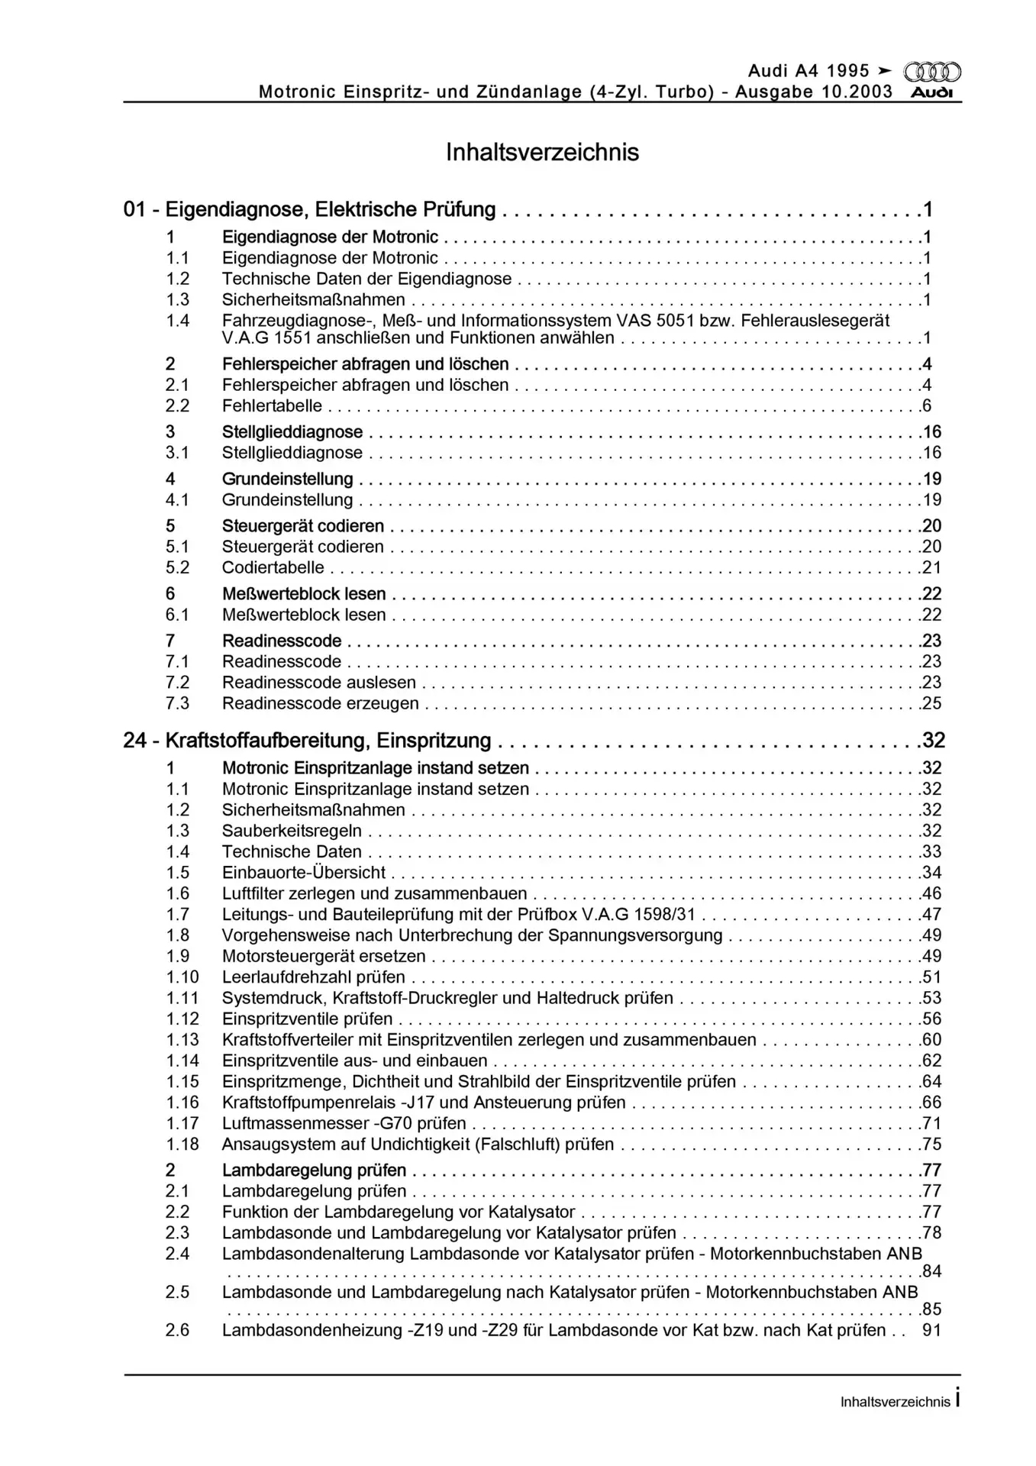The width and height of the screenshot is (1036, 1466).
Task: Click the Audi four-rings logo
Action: coord(932,73)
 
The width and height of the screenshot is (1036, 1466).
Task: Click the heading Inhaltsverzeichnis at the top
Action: coord(542,153)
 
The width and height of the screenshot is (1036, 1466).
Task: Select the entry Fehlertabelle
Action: coord(272,406)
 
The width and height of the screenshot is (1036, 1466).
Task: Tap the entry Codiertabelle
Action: coord(273,568)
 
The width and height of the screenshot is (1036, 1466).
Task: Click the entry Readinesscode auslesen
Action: coord(318,683)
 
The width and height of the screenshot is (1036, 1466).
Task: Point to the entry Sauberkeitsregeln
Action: coord(292,831)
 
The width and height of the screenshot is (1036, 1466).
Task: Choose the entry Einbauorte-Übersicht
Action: coord(303,873)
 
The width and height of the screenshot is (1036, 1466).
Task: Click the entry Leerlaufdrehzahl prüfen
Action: coord(313,977)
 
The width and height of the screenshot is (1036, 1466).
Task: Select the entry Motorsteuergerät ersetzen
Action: coord(324,956)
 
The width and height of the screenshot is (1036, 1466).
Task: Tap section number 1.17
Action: coord(182,1123)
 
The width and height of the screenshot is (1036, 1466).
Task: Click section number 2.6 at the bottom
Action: coord(178,1330)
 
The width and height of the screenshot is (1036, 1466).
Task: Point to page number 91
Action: coord(931,1330)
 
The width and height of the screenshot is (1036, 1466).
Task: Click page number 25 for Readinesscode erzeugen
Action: coord(931,703)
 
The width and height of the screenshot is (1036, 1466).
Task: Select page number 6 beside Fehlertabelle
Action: coord(927,406)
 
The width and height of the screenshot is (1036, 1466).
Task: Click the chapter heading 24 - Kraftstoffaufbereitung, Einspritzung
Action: coord(307,741)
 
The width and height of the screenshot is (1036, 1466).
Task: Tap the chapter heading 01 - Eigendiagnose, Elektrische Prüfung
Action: coord(309,209)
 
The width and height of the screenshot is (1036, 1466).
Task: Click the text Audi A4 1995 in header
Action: coord(808,71)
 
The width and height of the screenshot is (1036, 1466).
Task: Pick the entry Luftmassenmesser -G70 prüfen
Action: coord(344,1123)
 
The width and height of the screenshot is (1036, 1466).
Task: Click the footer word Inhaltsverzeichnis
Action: coord(895,1402)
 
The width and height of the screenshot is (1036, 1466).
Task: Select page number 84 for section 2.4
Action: coord(931,1271)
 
